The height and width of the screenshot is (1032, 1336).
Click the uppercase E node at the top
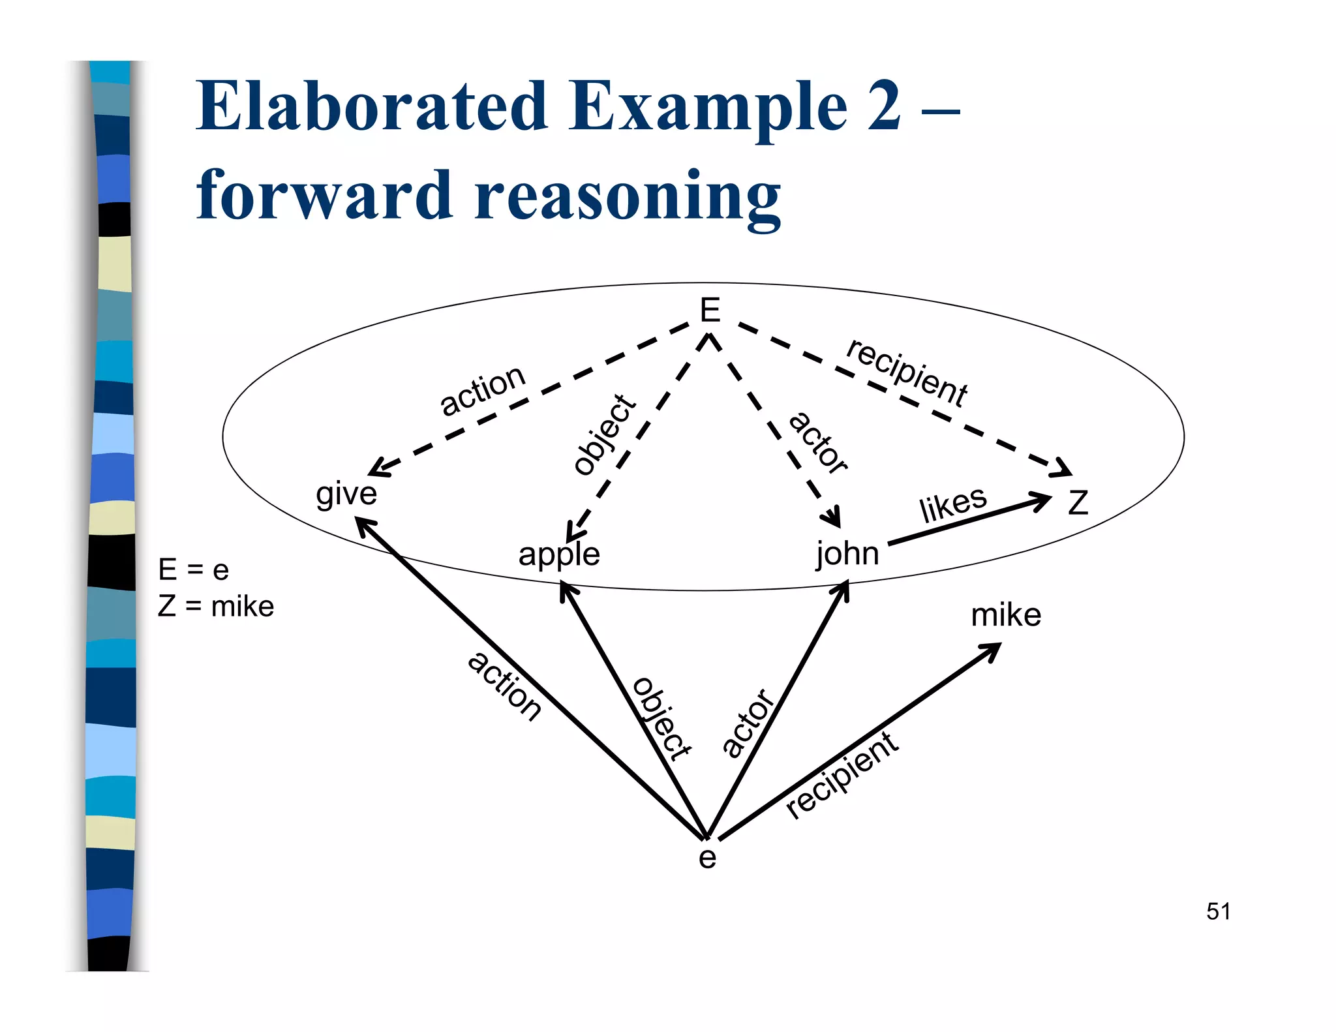710,311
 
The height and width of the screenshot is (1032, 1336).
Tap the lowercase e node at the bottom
707,858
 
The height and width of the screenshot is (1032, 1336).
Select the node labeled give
346,494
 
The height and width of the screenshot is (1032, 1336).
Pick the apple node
559,554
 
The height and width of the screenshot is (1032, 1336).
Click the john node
847,554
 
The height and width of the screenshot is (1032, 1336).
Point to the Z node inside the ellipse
1078,503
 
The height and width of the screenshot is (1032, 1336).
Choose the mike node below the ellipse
1006,615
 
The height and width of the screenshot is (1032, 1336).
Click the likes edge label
953,504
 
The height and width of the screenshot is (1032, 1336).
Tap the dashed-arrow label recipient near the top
906,374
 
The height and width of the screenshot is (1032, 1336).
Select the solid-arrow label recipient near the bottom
842,776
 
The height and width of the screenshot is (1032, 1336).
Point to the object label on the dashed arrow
605,435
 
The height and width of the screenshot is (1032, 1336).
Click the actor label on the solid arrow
748,723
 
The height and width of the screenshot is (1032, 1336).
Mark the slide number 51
1218,911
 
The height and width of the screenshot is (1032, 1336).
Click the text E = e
193,570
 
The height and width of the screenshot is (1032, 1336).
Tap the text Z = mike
216,607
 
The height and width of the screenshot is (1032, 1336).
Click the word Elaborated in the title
372,106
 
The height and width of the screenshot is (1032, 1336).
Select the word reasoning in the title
628,196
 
